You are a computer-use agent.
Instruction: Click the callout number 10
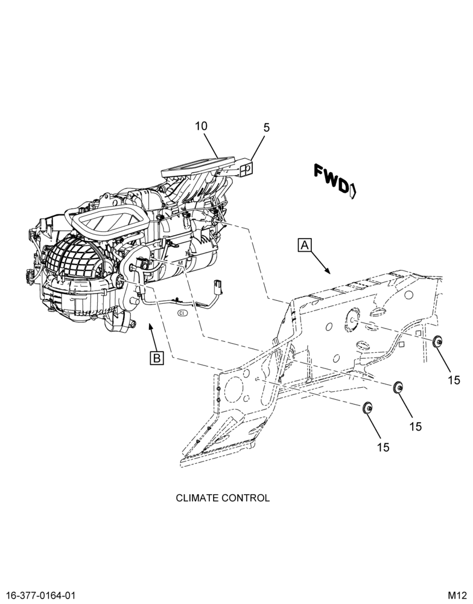201,126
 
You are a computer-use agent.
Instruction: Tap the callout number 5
267,128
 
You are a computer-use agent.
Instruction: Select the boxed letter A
305,245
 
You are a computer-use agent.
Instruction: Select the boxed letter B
157,358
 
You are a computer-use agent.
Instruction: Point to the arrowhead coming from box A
328,271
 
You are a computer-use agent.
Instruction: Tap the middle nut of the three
398,387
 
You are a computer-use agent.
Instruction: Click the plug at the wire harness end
217,287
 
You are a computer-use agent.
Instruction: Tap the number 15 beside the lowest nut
383,447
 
